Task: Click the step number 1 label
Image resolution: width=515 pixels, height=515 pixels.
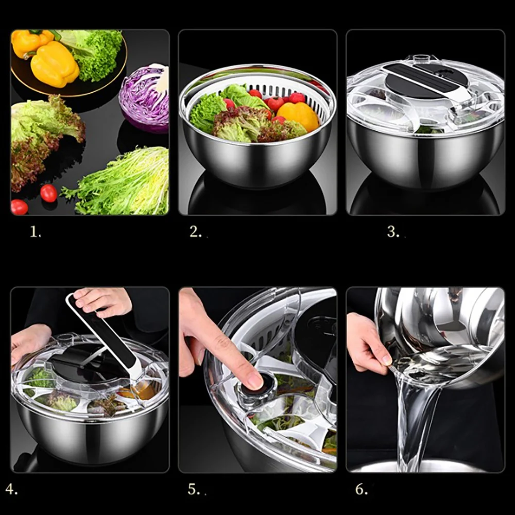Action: (35, 232)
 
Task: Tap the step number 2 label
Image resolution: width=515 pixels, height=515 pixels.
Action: (196, 232)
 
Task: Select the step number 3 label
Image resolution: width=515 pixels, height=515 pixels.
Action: (393, 232)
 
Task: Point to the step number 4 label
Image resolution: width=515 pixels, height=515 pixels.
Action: (11, 488)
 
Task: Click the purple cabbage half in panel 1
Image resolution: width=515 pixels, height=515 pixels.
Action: (145, 98)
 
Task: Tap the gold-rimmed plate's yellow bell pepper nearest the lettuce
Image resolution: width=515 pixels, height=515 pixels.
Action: (55, 64)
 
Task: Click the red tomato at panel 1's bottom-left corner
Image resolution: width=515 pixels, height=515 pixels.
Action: (19, 207)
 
